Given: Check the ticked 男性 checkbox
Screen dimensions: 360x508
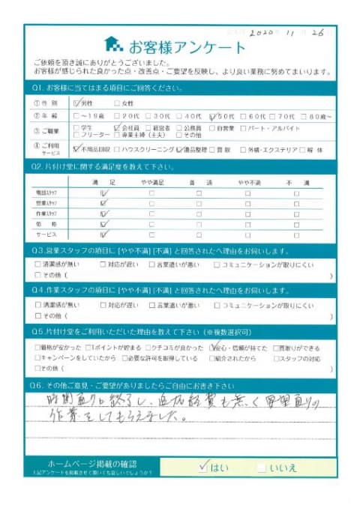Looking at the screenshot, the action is pyautogui.click(x=78, y=103).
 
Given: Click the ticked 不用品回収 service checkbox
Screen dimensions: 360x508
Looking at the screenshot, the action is pyautogui.click(x=78, y=150).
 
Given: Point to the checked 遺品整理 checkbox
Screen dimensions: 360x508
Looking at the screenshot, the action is pyautogui.click(x=181, y=150).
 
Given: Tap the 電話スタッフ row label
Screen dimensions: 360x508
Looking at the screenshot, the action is pyautogui.click(x=46, y=193).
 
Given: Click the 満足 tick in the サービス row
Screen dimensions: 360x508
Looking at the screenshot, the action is pyautogui.click(x=103, y=234).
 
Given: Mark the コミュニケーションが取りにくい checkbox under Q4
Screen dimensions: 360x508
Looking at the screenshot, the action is pyautogui.click(x=217, y=305).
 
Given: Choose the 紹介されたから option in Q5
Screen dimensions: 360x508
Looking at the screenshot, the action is pyautogui.click(x=218, y=358).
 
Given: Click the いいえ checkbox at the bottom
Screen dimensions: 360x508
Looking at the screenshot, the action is pyautogui.click(x=261, y=468).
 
